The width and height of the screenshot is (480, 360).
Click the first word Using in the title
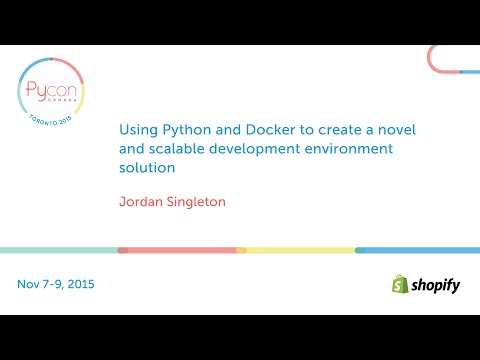point(135,130)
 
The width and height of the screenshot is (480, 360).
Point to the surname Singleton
point(195,202)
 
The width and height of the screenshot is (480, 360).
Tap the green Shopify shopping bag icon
point(400,284)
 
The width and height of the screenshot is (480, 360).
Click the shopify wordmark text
point(436,285)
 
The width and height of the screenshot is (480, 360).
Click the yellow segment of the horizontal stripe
point(300,250)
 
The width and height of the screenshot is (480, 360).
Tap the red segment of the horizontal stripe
point(180,250)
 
